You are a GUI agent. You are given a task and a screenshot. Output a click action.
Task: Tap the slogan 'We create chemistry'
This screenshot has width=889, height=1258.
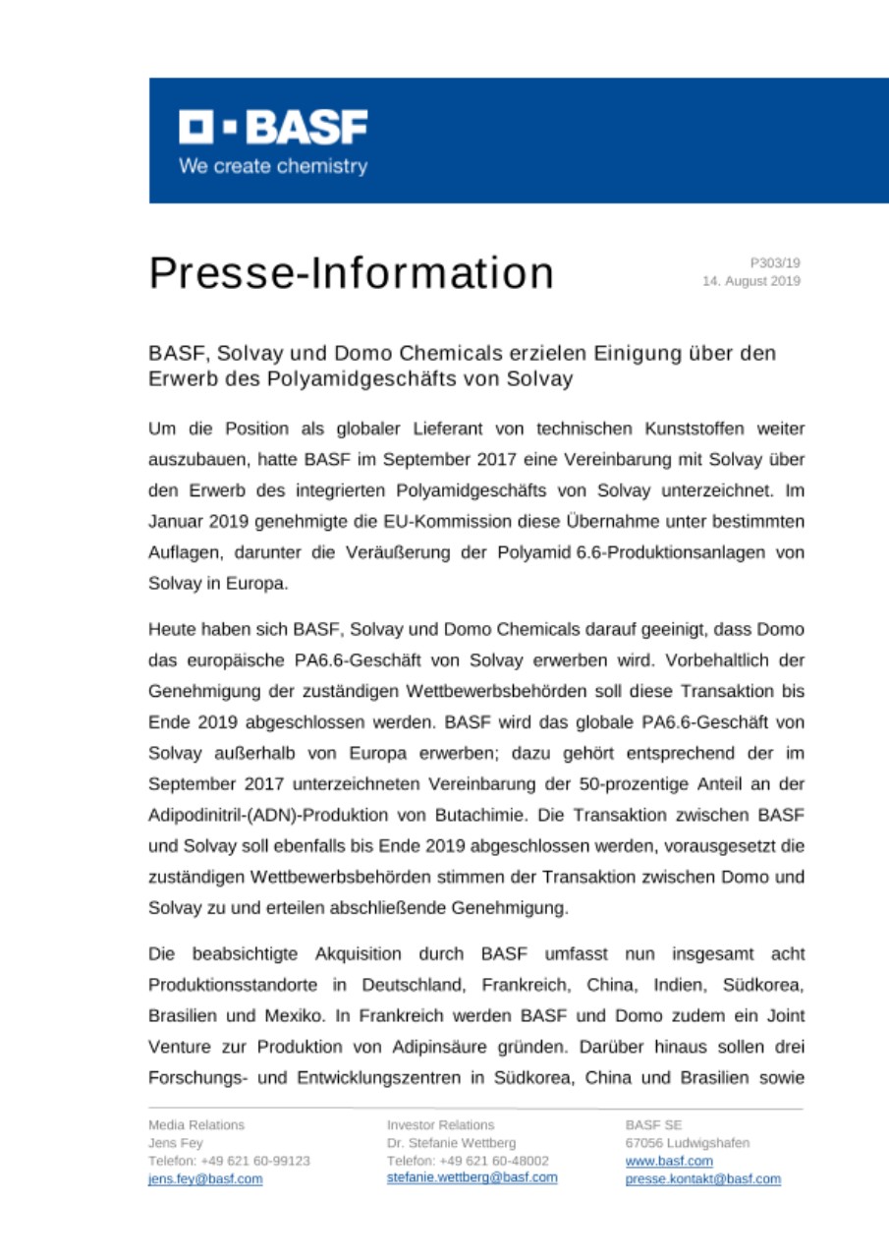point(272,166)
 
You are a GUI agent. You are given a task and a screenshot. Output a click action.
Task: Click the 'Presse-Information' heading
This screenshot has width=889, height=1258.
point(351,272)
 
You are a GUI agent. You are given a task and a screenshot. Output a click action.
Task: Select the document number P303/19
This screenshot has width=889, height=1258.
point(775,263)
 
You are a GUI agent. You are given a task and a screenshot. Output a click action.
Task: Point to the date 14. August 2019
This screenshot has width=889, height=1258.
point(750,281)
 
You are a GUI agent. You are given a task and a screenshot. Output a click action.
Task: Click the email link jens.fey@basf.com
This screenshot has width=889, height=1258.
point(205,1178)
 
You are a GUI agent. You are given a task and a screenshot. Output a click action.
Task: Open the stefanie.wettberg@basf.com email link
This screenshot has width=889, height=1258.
point(472,1177)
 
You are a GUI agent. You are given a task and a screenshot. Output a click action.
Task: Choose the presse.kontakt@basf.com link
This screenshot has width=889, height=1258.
point(702,1178)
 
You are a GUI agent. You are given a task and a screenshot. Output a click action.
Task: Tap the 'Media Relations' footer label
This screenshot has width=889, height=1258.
point(196,1125)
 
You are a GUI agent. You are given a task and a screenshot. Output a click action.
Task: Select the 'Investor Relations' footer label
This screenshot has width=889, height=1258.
point(440,1125)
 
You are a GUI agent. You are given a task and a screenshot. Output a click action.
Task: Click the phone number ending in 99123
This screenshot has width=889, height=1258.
point(229,1161)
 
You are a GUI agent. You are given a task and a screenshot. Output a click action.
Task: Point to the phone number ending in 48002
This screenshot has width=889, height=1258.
point(468,1161)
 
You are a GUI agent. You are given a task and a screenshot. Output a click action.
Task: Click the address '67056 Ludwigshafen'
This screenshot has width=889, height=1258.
point(687,1143)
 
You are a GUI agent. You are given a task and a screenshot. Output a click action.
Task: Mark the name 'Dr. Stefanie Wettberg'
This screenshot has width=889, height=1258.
point(452,1143)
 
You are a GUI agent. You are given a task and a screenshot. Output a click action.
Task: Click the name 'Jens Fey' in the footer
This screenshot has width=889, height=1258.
point(176,1143)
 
